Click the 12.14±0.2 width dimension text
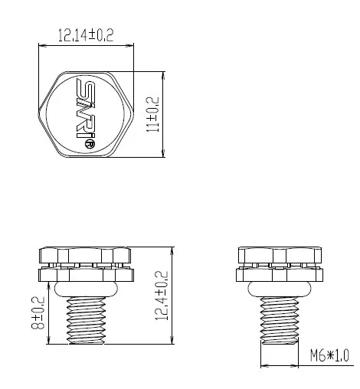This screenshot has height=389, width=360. point(86,34)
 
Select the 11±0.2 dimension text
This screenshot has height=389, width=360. point(153,115)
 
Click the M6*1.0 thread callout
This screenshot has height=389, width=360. point(329,356)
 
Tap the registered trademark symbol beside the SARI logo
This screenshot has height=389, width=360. point(90,143)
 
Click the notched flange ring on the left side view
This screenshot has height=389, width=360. point(86,272)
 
